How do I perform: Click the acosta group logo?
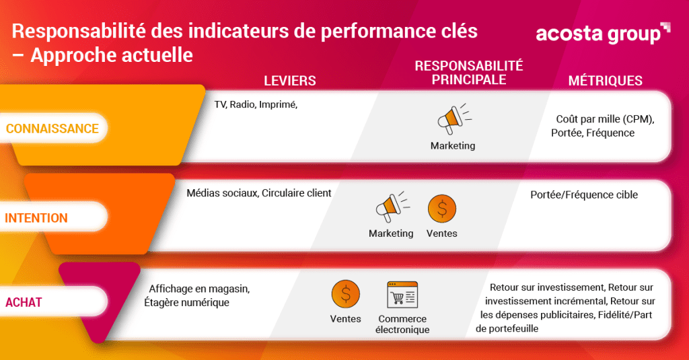pos(603,34)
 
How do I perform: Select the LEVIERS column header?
pos(289,81)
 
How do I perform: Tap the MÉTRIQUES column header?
pos(605,81)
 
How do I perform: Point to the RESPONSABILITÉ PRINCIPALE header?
pos(469,73)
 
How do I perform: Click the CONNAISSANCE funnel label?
pos(52,129)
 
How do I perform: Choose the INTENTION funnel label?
pos(36,217)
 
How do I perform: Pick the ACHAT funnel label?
pos(24,302)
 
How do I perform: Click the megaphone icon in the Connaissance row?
pos(454,118)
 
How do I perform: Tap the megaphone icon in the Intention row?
pos(392,207)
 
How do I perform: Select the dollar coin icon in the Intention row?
pos(442,209)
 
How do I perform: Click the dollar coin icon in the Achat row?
pos(346,294)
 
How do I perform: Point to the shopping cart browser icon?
pos(402,295)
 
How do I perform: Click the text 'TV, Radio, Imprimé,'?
pos(256,104)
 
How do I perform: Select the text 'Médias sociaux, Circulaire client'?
pos(259,193)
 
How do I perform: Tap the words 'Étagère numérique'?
pos(187,302)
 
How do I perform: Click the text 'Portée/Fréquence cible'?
pos(584,194)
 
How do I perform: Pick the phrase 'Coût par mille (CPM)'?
pos(604,119)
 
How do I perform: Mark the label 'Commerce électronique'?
pos(402,324)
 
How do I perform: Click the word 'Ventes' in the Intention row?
pos(441,233)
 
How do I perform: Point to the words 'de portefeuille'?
pos(507,329)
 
